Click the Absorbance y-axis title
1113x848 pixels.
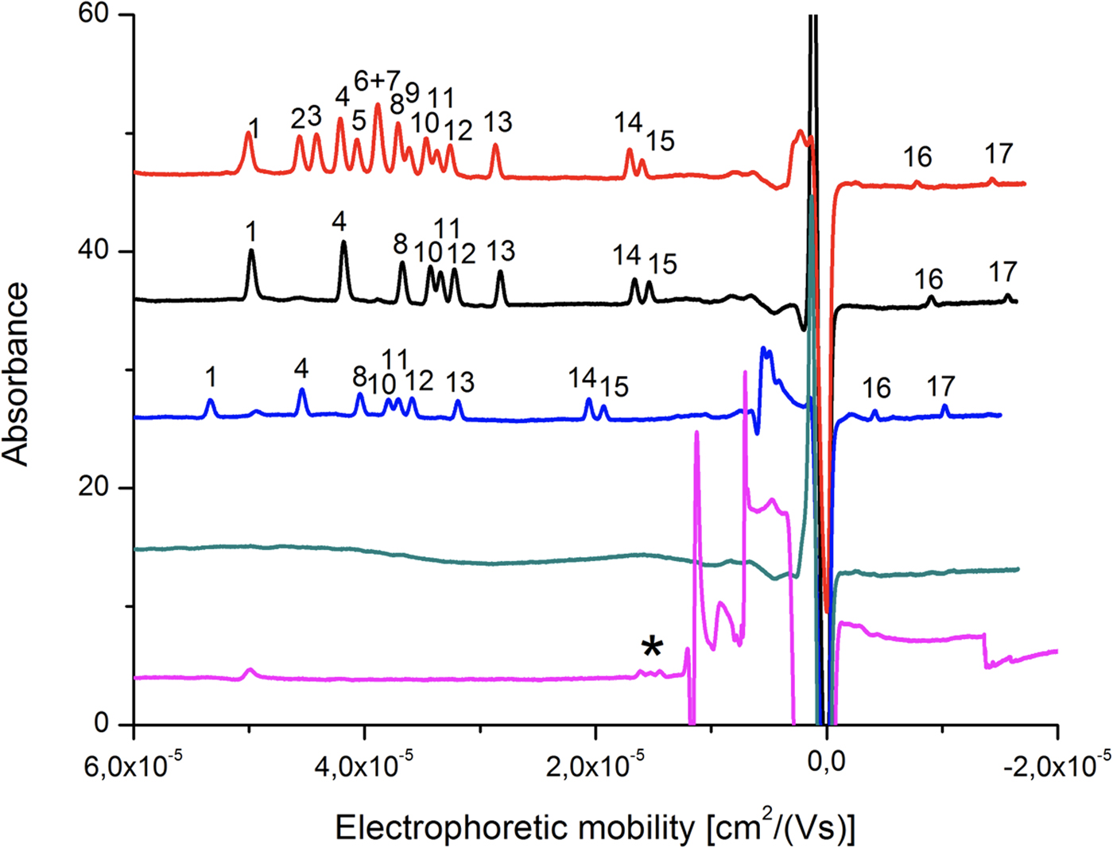(x=16, y=374)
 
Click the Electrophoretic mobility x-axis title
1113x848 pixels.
(x=595, y=828)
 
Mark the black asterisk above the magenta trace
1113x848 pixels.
(x=652, y=648)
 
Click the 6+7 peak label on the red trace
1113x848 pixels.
(x=377, y=80)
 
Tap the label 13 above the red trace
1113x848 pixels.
(x=498, y=122)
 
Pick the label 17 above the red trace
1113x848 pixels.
(x=999, y=153)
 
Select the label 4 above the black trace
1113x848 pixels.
(x=339, y=222)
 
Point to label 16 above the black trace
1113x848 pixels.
(x=928, y=279)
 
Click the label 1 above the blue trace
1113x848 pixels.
(x=211, y=376)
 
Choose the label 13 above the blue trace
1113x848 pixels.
(x=460, y=382)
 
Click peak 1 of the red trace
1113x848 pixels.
(x=248, y=134)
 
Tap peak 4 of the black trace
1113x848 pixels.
(x=343, y=243)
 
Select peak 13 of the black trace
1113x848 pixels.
(x=500, y=273)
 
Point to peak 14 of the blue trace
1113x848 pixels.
(x=588, y=400)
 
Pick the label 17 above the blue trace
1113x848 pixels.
(x=940, y=387)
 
